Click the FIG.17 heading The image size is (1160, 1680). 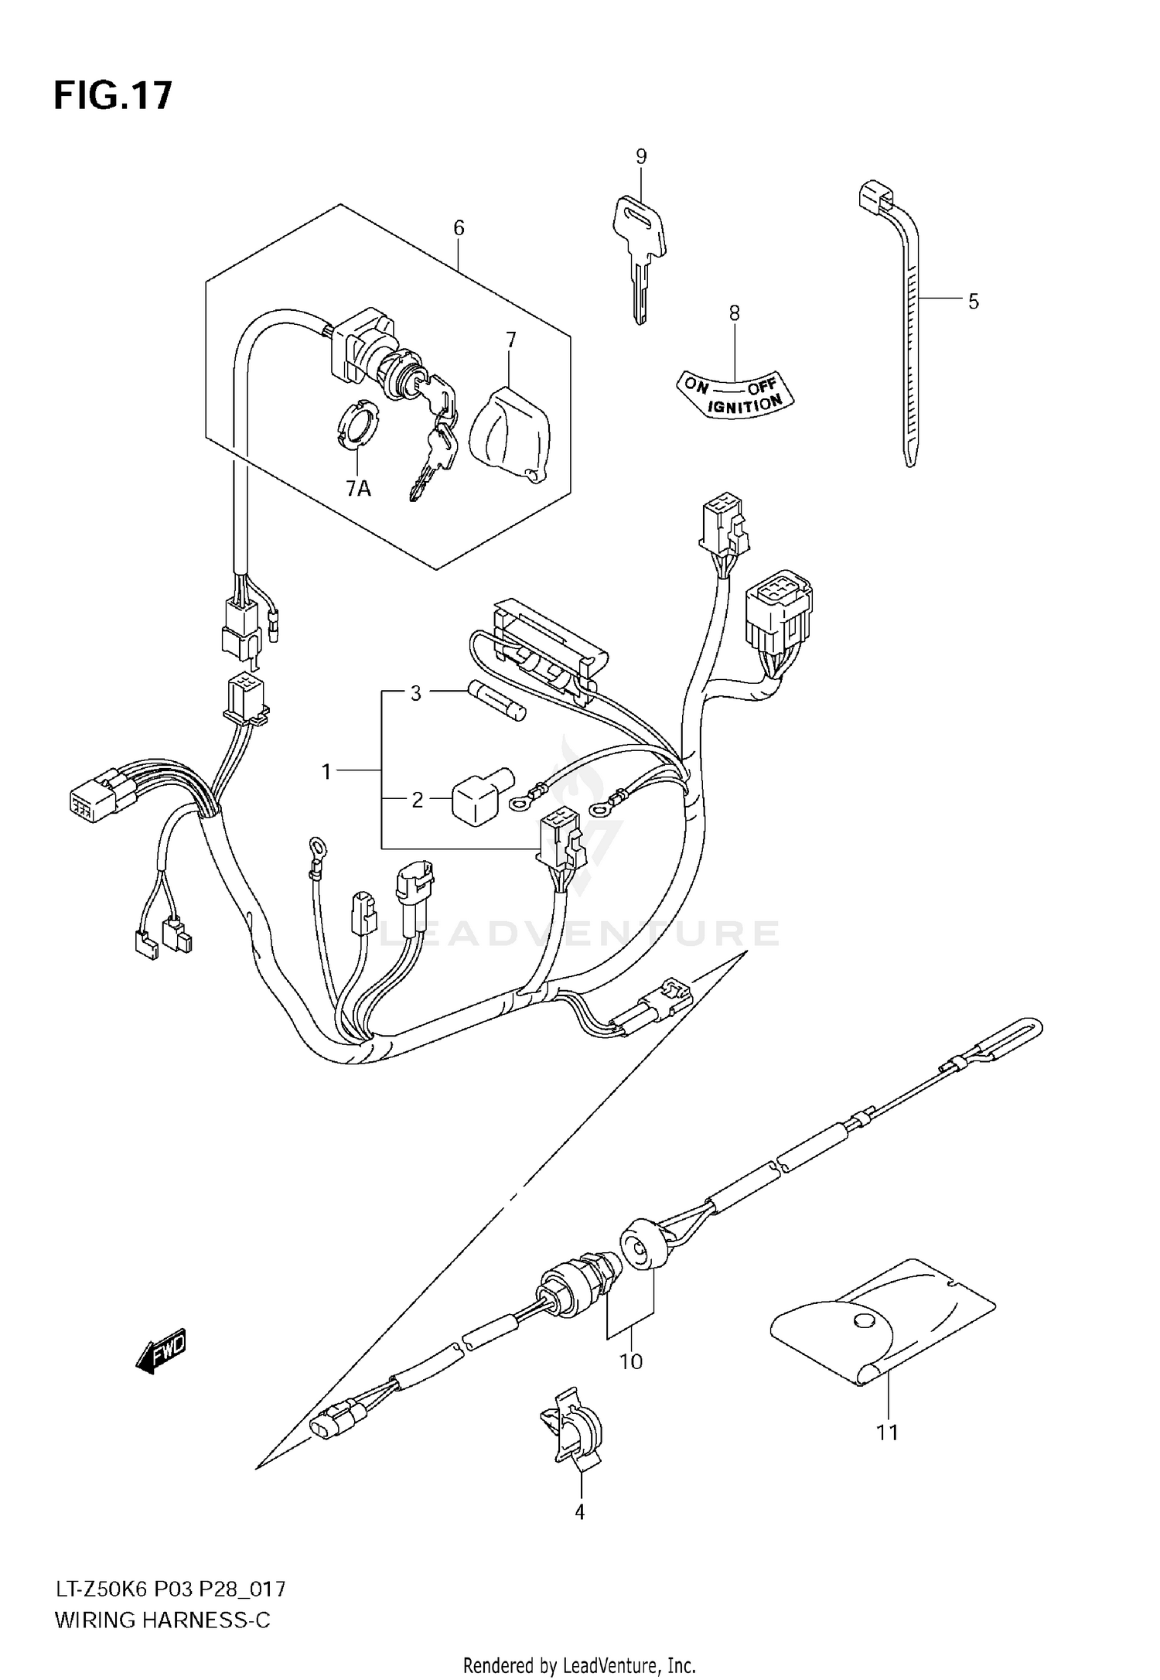pyautogui.click(x=112, y=97)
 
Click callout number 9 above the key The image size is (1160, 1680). pyautogui.click(x=641, y=157)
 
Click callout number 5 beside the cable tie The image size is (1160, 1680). pyautogui.click(x=973, y=302)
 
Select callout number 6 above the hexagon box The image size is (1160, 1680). pyautogui.click(x=459, y=228)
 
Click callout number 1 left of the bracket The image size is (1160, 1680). pyautogui.click(x=326, y=771)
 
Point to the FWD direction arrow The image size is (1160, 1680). pyautogui.click(x=161, y=1353)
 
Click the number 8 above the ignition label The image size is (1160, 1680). pyautogui.click(x=734, y=313)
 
